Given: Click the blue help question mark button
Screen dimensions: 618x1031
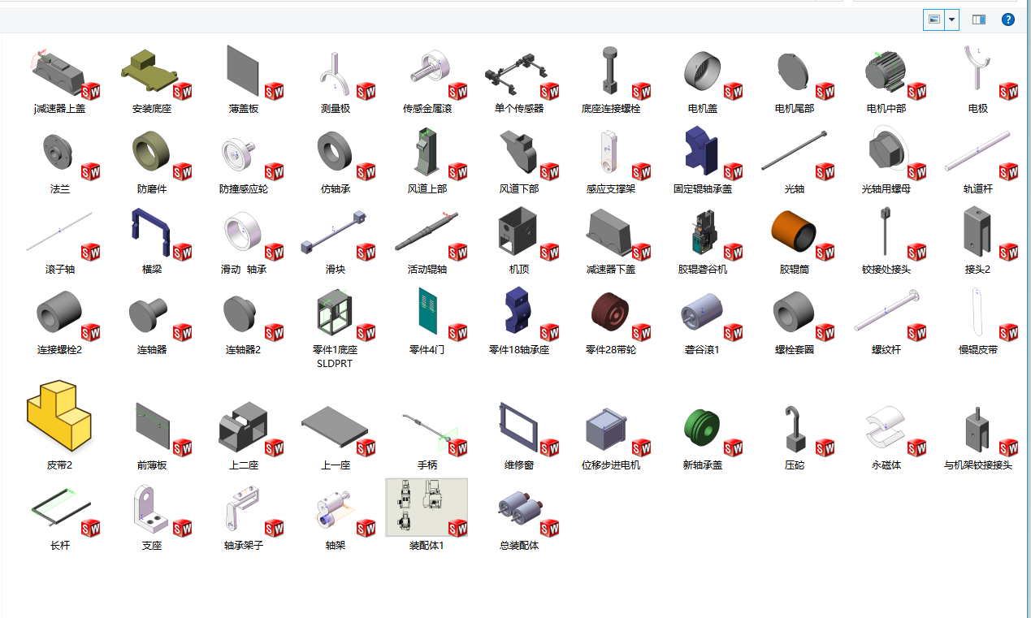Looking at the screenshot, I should [x=1008, y=19].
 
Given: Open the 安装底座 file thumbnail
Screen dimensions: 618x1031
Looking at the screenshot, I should [x=150, y=71].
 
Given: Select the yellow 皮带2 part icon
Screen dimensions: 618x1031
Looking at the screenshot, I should [x=59, y=416].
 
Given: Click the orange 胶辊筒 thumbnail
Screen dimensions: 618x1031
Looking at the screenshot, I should [x=793, y=232].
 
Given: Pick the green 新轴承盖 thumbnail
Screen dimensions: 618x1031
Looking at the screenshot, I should [x=702, y=426].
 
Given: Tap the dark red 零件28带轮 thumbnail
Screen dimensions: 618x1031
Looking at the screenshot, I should [x=609, y=313].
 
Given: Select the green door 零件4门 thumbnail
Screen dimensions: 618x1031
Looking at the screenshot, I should [x=427, y=309].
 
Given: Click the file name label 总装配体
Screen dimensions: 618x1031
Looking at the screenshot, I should [x=518, y=546].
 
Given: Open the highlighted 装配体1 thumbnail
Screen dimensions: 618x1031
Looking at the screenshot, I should [x=426, y=508].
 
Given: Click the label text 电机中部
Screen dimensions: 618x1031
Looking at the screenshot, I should [x=886, y=108].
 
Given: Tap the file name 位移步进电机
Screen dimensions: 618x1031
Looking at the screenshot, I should [x=610, y=465].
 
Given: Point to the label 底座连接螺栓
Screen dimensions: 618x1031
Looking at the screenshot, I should [x=610, y=108].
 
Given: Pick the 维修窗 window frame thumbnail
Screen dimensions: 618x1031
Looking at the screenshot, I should [x=518, y=426].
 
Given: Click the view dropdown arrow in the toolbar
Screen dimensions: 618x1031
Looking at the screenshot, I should [x=952, y=19].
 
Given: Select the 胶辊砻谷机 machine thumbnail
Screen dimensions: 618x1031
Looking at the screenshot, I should [x=701, y=232].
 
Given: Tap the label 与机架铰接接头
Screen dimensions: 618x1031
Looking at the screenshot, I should [x=977, y=465].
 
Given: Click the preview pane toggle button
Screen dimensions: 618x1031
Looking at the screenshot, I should [x=979, y=19].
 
